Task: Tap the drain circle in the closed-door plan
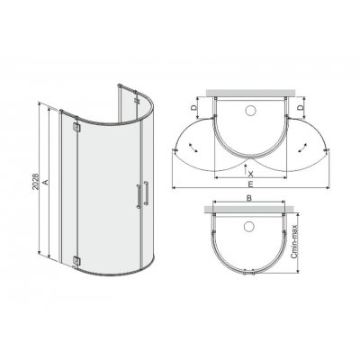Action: click(x=251, y=225)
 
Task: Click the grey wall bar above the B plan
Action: click(x=251, y=208)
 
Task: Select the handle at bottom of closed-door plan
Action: click(x=251, y=271)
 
